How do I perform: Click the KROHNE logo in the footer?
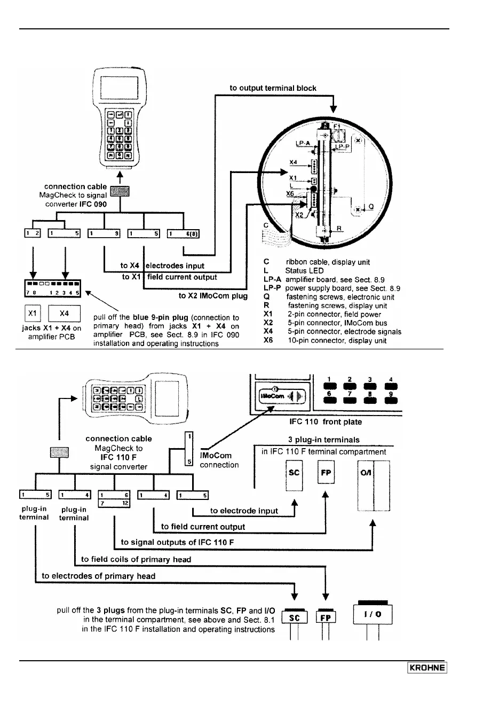(x=427, y=668)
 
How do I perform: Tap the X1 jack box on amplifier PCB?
(x=33, y=314)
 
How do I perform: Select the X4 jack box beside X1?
(x=64, y=314)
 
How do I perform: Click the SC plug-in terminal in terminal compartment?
(x=294, y=473)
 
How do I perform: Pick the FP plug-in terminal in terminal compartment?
(x=326, y=473)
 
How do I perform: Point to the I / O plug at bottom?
(x=373, y=614)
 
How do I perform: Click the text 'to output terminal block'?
(x=273, y=88)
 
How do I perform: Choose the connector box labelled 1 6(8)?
(x=184, y=233)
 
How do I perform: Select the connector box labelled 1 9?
(x=104, y=233)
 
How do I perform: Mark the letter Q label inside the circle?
(x=371, y=207)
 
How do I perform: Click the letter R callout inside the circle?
(x=339, y=229)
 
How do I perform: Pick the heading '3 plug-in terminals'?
(x=323, y=440)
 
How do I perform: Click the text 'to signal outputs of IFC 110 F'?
(x=178, y=542)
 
